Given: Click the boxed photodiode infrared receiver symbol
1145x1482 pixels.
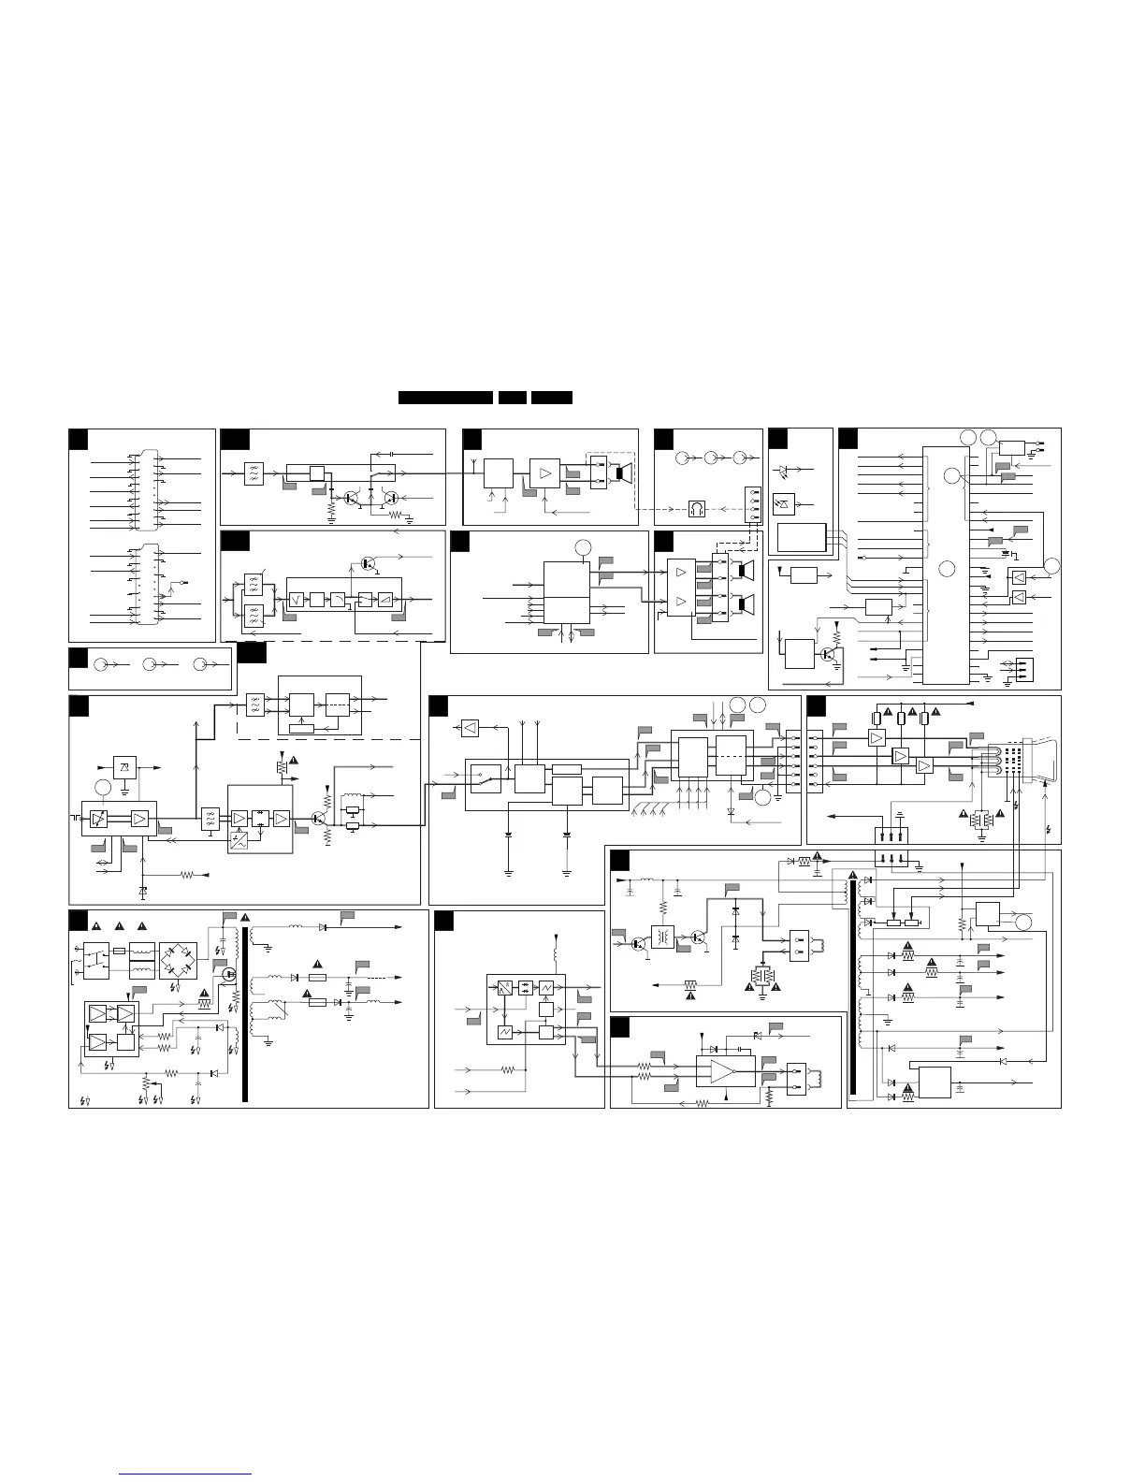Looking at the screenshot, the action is pos(784,505).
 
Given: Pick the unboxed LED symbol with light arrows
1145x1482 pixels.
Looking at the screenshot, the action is pos(784,470).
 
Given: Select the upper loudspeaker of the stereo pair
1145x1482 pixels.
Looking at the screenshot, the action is pos(744,570).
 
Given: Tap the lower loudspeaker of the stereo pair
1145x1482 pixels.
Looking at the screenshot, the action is pos(744,604).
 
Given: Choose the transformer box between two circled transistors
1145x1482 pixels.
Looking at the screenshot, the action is pos(663,937).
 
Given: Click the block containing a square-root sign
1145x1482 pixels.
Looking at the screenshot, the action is pos(297,598).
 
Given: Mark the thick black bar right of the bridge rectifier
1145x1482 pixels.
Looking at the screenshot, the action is pos(245,1015).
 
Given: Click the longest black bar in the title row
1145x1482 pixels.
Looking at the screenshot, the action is pos(445,398).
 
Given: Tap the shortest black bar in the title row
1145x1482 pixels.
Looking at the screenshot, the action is pos(512,398).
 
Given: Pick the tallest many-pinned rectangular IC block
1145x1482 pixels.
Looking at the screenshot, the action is pos(946,564).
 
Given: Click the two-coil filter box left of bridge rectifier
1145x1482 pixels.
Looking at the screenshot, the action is pos(142,961).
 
